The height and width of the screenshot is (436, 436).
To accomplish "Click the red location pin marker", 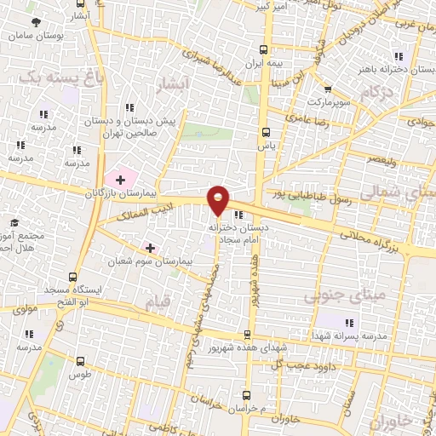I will point(219,199).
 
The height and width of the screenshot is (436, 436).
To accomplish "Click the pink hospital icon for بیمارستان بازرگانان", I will point(120,180).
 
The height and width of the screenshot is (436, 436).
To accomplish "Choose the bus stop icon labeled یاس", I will point(266,132).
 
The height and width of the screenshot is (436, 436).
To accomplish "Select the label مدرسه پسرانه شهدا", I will point(352,336).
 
